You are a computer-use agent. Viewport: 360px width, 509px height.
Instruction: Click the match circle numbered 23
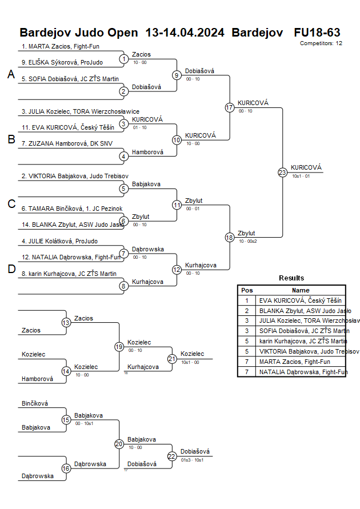[282, 173]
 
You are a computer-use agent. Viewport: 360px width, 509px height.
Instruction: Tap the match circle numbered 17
[230, 107]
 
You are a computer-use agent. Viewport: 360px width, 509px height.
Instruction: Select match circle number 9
[177, 75]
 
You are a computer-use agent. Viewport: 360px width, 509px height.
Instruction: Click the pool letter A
[11, 74]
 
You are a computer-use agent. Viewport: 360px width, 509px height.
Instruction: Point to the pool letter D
[11, 270]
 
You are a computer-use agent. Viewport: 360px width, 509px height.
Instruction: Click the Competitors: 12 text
[321, 43]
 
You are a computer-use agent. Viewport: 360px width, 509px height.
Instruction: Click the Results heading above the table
[291, 278]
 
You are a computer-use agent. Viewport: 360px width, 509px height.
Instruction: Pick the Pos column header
[247, 290]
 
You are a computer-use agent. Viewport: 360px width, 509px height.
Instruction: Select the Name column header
[301, 290]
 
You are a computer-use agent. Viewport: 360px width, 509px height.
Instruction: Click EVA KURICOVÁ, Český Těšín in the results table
[300, 300]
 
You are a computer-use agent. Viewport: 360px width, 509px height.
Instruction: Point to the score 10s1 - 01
[301, 176]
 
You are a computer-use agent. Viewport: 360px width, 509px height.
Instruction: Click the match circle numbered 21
[172, 359]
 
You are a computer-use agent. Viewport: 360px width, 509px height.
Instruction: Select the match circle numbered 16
[66, 468]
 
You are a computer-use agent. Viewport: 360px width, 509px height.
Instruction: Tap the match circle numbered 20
[119, 444]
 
